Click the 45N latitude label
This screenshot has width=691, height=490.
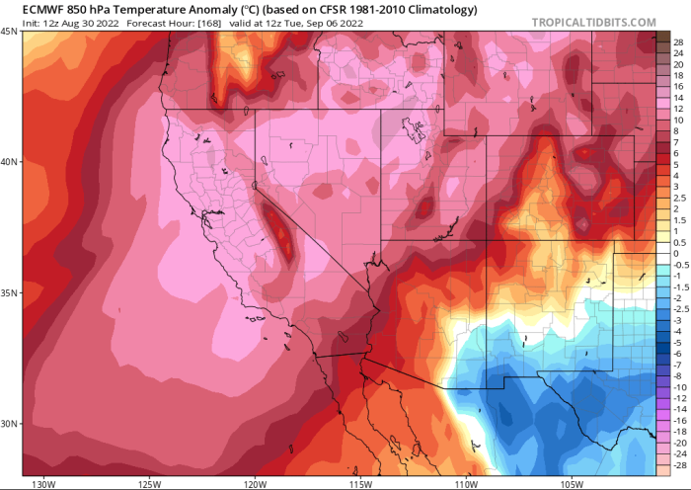point(9,32)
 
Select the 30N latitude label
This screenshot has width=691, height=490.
point(9,424)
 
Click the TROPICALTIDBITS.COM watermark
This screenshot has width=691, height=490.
point(593,22)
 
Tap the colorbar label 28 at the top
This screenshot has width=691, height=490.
point(678,43)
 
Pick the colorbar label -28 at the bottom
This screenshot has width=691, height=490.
point(677,462)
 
